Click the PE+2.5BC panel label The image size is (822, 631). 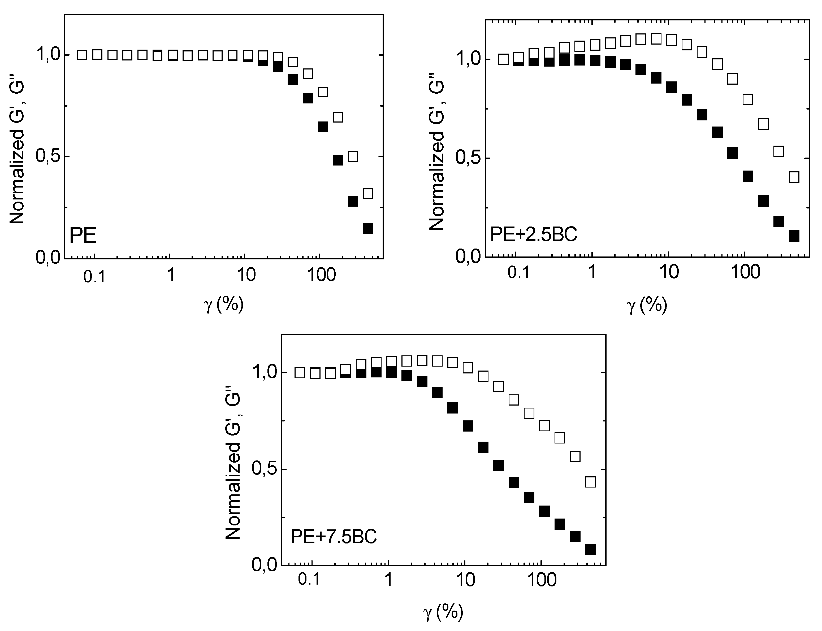coord(534,235)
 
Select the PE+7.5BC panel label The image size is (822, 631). coord(334,537)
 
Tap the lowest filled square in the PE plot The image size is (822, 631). coord(368,228)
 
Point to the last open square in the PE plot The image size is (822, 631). coord(368,193)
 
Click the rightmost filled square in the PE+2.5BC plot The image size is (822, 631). coord(794,236)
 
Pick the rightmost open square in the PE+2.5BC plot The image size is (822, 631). coord(794,177)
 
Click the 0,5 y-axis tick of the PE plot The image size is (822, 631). coord(47,157)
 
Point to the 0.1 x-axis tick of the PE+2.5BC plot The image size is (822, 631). coord(518,273)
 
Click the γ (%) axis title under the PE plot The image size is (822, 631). coord(223,304)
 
